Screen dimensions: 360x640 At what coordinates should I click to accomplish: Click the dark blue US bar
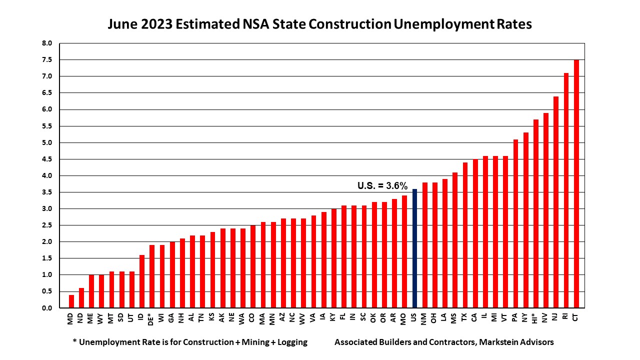[x=414, y=248]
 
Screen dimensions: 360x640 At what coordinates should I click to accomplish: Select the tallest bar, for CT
[x=576, y=184]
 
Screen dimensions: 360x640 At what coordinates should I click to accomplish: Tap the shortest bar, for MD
[x=71, y=301]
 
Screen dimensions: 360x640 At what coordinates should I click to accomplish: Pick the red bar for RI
[x=566, y=190]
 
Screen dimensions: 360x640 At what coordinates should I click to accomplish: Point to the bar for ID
[x=142, y=281]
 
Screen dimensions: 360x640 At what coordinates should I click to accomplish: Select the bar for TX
[x=465, y=235]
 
